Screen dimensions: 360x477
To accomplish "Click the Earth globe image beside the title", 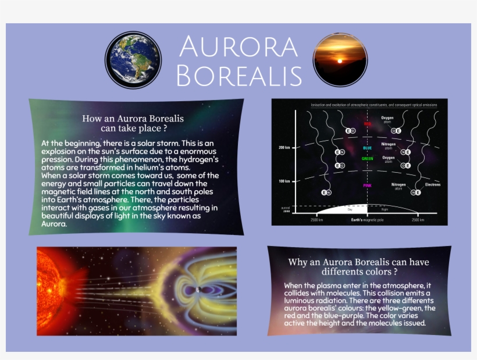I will click(x=133, y=60).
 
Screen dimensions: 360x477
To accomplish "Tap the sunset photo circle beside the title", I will click(x=340, y=60).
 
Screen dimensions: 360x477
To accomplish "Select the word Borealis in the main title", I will click(x=238, y=75).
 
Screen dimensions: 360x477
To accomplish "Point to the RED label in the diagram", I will click(x=368, y=124).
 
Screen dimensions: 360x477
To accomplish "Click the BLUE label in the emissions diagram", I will click(x=367, y=148).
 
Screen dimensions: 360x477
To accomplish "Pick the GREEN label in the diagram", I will click(x=367, y=158).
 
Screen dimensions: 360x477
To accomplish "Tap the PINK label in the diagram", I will click(x=367, y=186).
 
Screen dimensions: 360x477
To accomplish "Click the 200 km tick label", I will click(x=284, y=147).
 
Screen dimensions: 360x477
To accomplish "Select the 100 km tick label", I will click(x=284, y=181).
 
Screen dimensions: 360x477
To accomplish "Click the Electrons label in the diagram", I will click(x=432, y=184).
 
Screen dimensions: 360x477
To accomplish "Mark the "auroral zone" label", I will click(x=285, y=209).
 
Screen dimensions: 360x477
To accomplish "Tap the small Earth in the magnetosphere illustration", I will click(x=198, y=290).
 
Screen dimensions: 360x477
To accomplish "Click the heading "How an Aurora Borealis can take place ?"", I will click(x=133, y=123).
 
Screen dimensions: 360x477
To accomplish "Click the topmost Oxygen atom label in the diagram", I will click(x=387, y=120).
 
